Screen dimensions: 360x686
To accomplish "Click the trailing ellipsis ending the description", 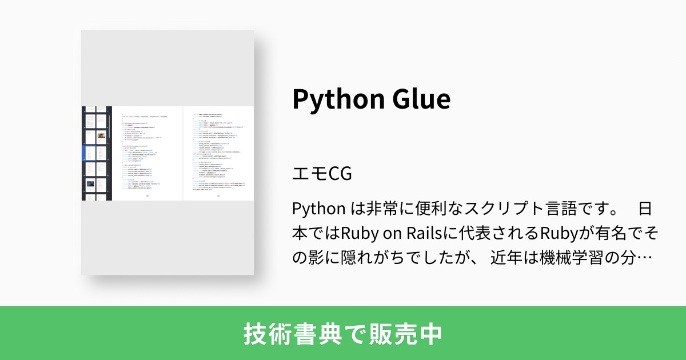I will point(645,259).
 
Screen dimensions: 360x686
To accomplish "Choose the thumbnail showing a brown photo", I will point(101,137).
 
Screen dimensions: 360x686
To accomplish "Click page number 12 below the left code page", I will point(147,196).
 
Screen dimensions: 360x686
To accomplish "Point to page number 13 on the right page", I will point(218,196).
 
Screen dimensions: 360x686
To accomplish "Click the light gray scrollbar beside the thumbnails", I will point(110,153).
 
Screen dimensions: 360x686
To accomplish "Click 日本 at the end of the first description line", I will point(645,208).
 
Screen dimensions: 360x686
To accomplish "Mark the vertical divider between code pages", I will point(182,153).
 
